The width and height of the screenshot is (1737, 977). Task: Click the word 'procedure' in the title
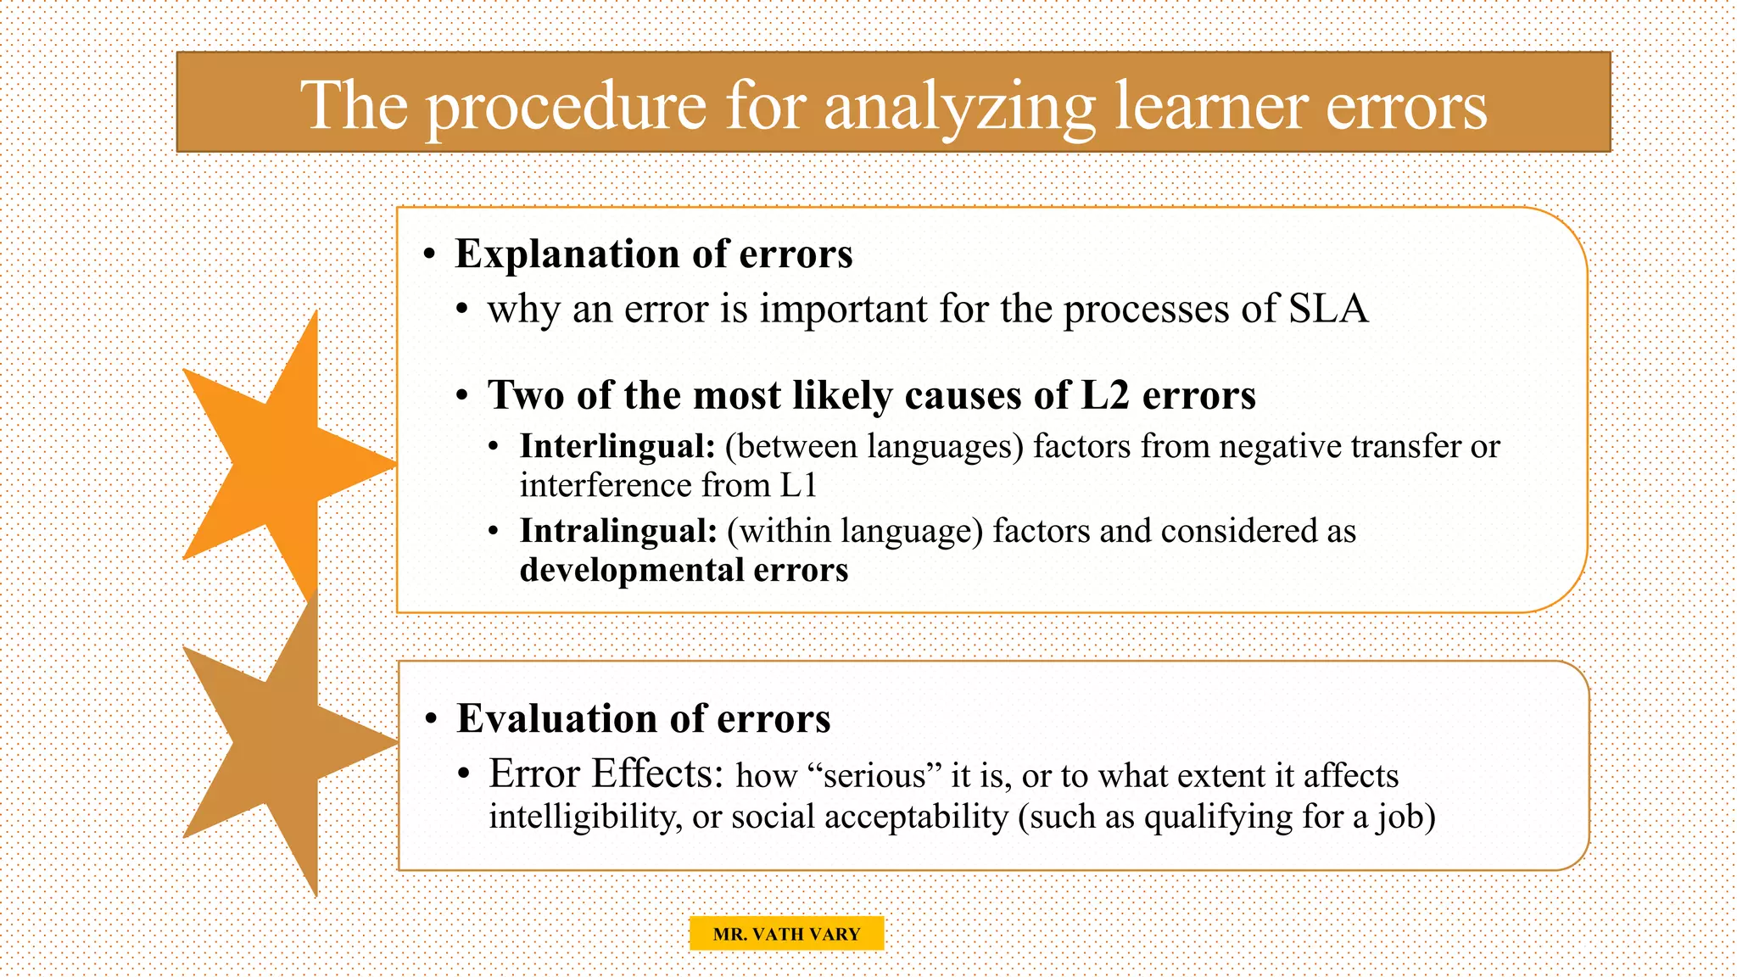click(566, 106)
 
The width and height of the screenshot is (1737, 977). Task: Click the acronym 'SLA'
click(1328, 308)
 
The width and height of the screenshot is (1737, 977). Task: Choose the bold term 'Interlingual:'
click(617, 446)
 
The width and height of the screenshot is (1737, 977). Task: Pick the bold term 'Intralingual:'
click(618, 531)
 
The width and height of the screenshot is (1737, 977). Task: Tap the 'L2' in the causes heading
click(1105, 395)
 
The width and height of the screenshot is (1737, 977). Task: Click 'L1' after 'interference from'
click(798, 485)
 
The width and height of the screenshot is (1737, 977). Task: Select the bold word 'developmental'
click(632, 570)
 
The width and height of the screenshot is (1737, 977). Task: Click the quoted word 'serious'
click(874, 776)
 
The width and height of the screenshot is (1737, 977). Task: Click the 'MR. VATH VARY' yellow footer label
click(786, 934)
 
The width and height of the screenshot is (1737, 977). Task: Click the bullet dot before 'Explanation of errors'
click(430, 254)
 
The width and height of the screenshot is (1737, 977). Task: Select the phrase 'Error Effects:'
click(606, 773)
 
